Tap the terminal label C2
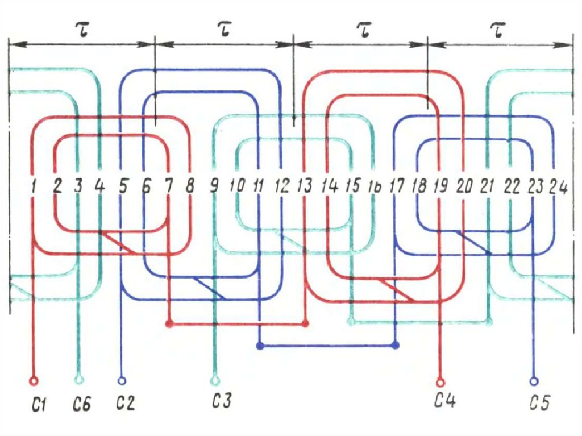(x=126, y=405)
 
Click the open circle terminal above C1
(x=34, y=380)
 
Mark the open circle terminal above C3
(x=214, y=380)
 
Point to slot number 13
(x=305, y=185)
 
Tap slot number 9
(x=214, y=185)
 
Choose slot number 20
(x=464, y=186)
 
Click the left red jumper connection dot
(x=168, y=323)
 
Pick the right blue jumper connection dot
(x=396, y=345)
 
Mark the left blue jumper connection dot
(x=260, y=345)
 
